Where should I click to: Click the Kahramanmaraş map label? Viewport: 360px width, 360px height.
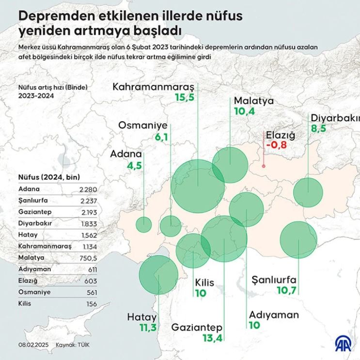(154, 87)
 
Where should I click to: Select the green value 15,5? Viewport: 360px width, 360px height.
(184, 98)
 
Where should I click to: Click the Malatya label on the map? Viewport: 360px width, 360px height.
(254, 101)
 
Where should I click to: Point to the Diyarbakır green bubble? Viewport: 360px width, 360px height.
(308, 192)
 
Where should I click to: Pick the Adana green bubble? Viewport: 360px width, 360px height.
(143, 225)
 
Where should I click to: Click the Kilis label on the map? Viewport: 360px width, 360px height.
(204, 283)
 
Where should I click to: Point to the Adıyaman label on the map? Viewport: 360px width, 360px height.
(274, 315)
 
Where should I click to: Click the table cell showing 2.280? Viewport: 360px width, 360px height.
(88, 189)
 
